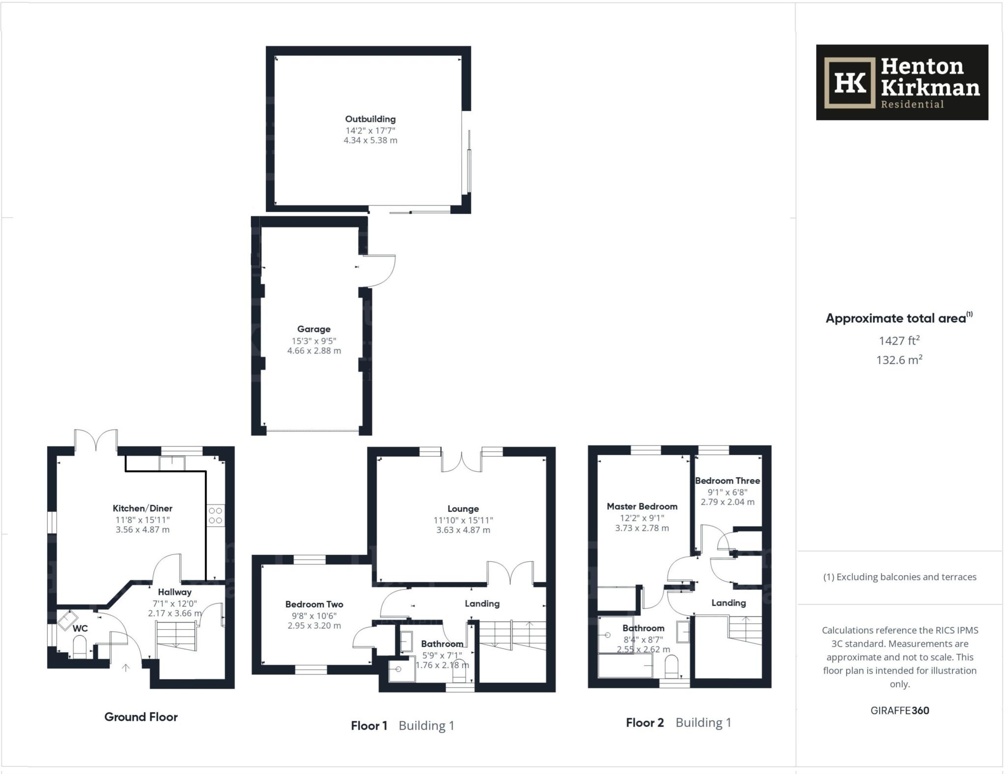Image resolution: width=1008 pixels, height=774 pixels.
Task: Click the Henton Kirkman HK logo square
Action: tap(850, 82)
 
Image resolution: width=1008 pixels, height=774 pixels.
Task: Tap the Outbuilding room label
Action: tap(370, 119)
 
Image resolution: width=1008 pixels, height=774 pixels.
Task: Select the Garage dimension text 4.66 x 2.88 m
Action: tap(314, 351)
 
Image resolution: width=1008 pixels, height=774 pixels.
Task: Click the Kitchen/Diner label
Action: tap(142, 508)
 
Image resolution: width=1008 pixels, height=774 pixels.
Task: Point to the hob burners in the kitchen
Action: tap(216, 515)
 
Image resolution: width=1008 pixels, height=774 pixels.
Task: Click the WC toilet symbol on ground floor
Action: tap(80, 646)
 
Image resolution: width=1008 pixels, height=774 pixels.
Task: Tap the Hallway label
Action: tap(174, 592)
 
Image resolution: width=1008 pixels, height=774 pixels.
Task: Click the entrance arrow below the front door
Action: tap(126, 668)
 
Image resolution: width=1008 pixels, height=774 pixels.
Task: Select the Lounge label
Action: tap(463, 508)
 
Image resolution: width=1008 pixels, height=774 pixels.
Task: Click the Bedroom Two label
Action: tap(314, 604)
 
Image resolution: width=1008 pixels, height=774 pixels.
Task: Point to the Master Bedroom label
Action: tap(642, 506)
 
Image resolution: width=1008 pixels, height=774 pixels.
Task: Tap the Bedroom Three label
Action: tap(727, 480)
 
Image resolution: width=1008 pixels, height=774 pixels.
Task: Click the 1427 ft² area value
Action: tap(899, 340)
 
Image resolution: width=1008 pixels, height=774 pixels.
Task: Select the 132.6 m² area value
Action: tap(899, 360)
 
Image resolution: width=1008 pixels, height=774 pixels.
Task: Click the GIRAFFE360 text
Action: tap(899, 710)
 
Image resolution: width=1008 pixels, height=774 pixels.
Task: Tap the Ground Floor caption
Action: tap(141, 717)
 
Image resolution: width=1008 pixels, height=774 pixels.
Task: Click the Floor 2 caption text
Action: tap(645, 723)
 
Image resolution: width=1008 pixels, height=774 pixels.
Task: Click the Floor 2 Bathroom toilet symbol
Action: tap(671, 668)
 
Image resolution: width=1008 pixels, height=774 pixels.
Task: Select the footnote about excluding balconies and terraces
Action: tap(899, 577)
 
